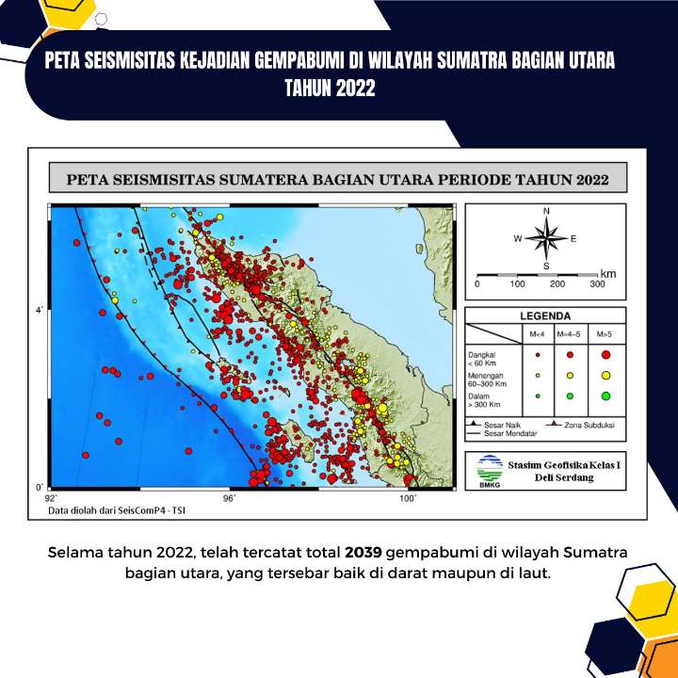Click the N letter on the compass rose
click(546, 211)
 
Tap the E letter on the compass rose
click(573, 238)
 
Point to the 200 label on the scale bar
click(557, 284)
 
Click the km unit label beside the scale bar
click(608, 274)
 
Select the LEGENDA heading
click(545, 316)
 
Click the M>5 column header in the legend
click(604, 334)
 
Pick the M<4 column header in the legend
click(537, 334)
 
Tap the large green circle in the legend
click(605, 395)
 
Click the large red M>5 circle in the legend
click(605, 355)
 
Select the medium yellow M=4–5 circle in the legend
click(570, 376)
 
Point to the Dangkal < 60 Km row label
click(482, 359)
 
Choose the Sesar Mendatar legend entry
click(502, 433)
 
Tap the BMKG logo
click(490, 471)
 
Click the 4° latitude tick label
click(40, 311)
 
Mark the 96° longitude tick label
click(229, 498)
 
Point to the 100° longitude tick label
click(408, 498)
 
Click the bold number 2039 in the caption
click(363, 552)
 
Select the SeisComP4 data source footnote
click(117, 510)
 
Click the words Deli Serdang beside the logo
click(564, 477)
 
